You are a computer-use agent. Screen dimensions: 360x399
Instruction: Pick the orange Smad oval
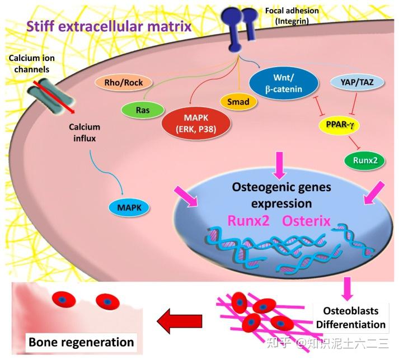[238, 102]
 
